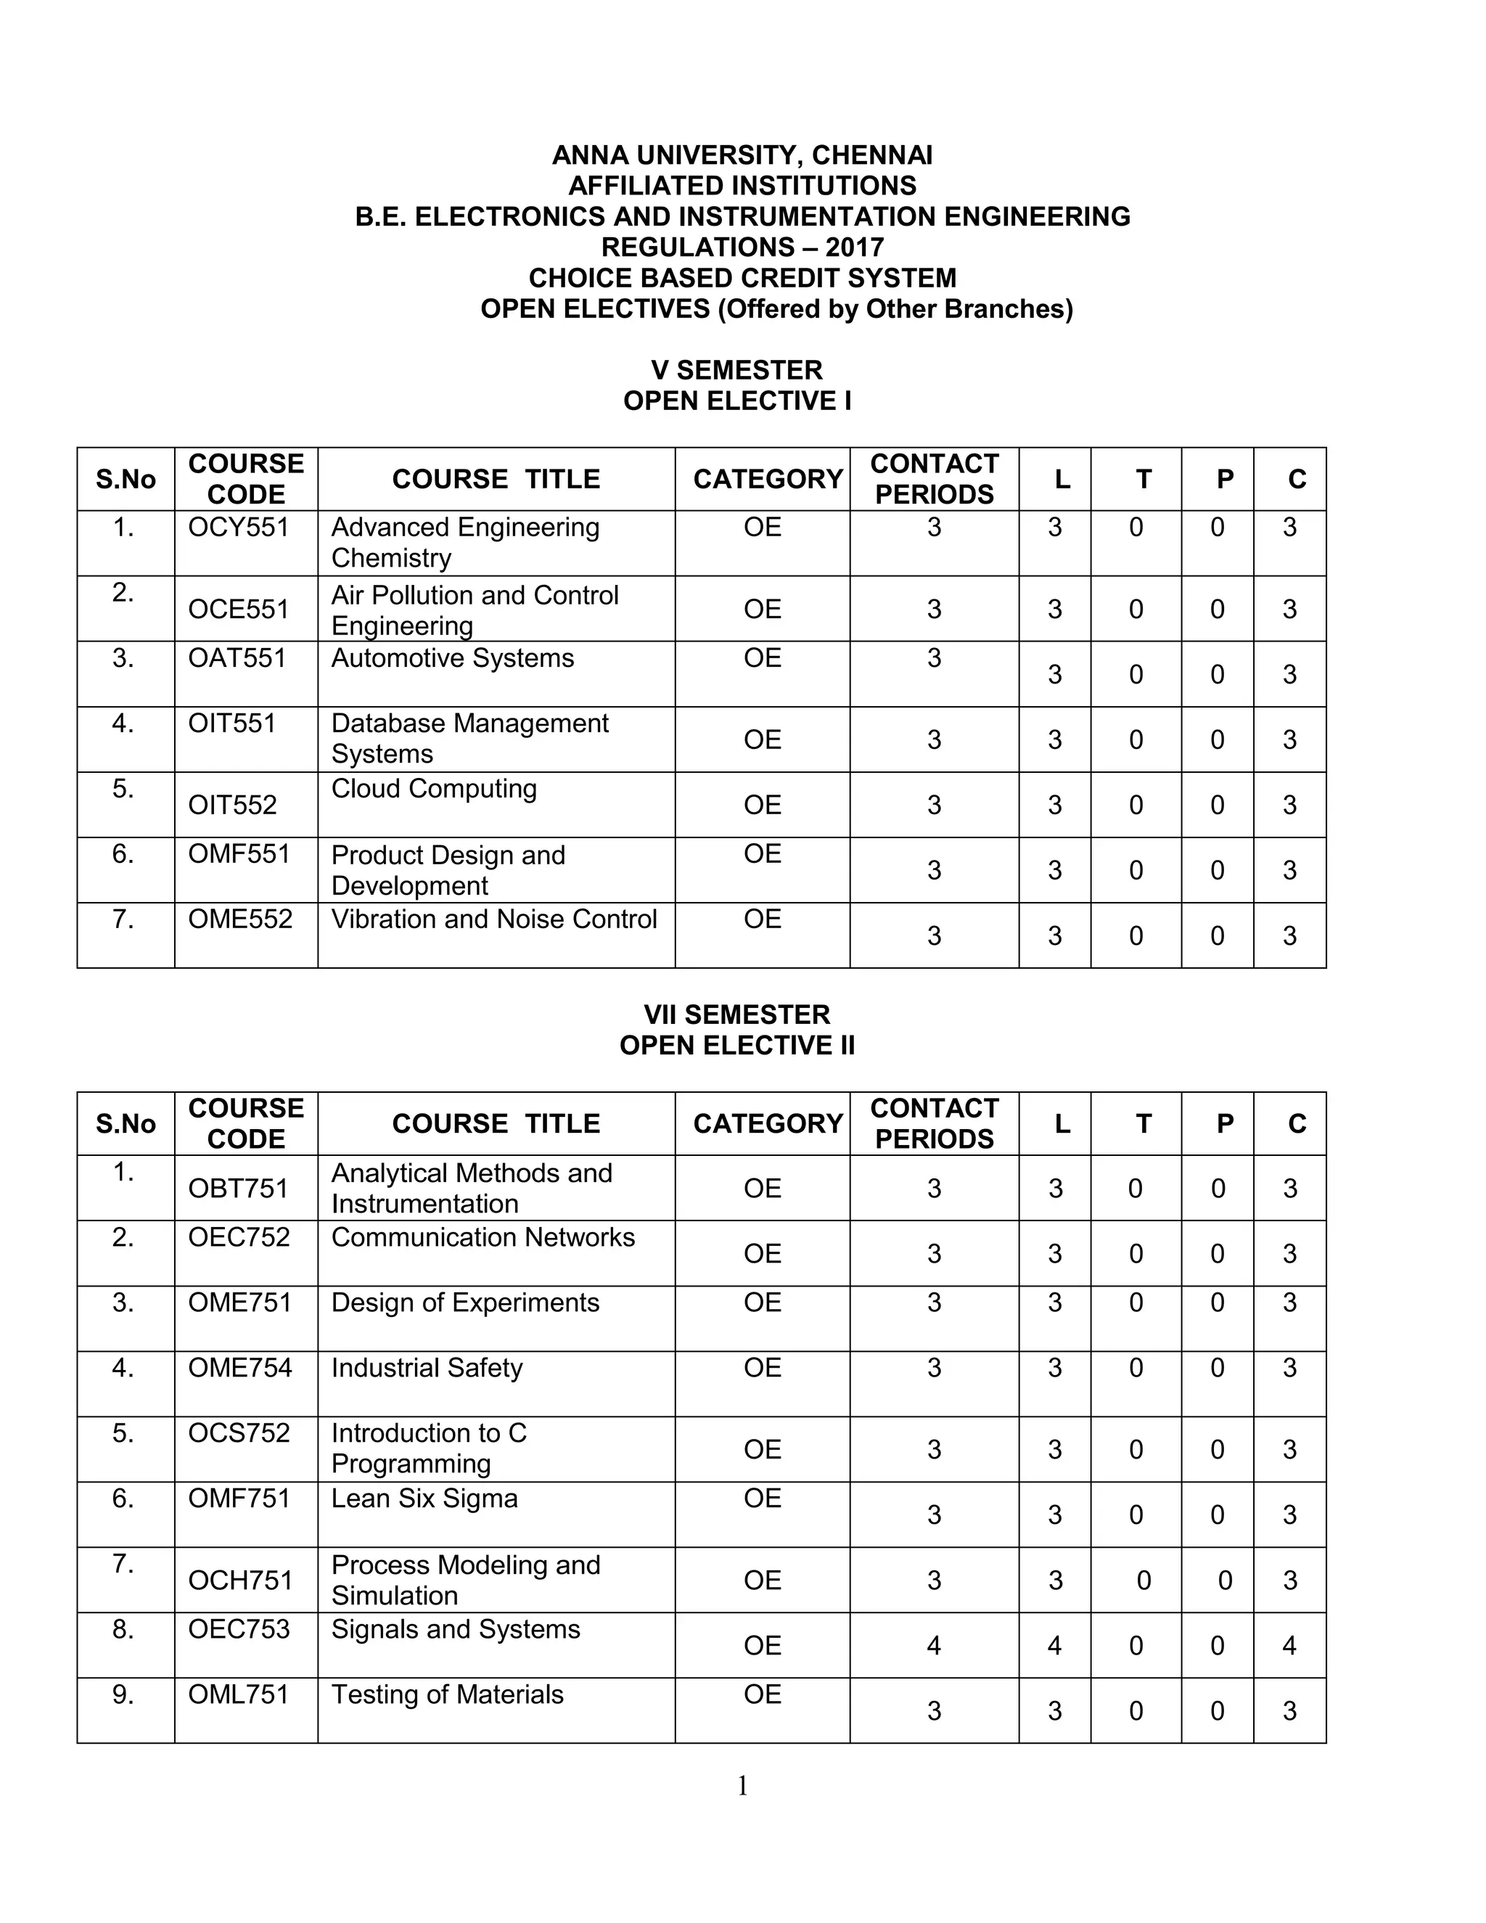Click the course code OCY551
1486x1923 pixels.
[x=239, y=528]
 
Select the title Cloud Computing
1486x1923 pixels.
[x=433, y=789]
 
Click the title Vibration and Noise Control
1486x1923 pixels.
[x=494, y=919]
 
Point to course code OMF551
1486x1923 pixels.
[x=239, y=854]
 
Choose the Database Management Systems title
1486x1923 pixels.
[x=469, y=739]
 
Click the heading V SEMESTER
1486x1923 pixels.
[x=737, y=370]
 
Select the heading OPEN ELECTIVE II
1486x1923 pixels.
[x=737, y=1045]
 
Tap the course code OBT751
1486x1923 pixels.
[x=239, y=1189]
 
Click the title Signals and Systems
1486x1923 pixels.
[x=455, y=1630]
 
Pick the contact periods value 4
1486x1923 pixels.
[x=934, y=1646]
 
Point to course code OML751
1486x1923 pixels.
[x=239, y=1695]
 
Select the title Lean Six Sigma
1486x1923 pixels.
[x=424, y=1498]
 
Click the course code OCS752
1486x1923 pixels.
[x=239, y=1433]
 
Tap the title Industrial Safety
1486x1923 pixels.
[x=427, y=1369]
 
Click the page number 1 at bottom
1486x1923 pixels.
[x=742, y=1787]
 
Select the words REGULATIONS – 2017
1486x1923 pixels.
[x=742, y=247]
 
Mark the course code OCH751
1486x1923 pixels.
[x=240, y=1580]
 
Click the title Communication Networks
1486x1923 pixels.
[x=483, y=1238]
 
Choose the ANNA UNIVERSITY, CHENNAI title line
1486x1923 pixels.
[x=742, y=156]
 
